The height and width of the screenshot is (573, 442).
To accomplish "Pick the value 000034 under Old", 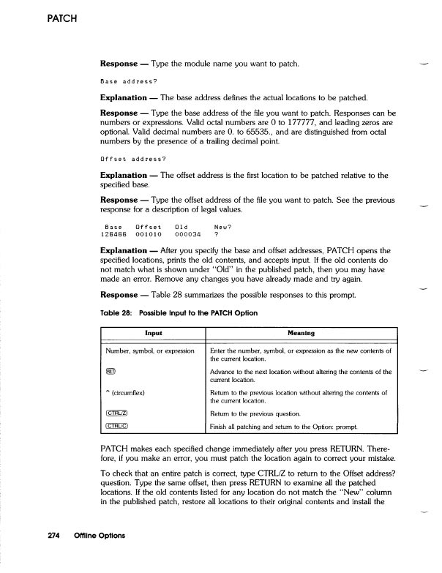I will [x=188, y=214].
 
